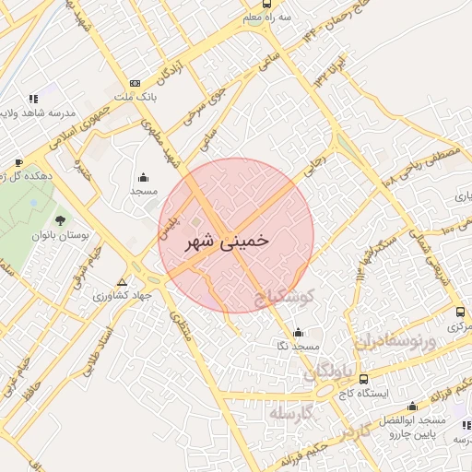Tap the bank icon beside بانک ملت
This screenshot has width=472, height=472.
pos(136,82)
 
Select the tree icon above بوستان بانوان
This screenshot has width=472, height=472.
pos(60,220)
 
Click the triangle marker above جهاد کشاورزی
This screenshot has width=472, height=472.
pos(123,282)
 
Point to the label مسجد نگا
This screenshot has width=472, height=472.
pos(296,346)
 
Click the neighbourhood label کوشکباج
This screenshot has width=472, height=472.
pos(285,297)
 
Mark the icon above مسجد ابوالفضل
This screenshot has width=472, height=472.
pos(412,406)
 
